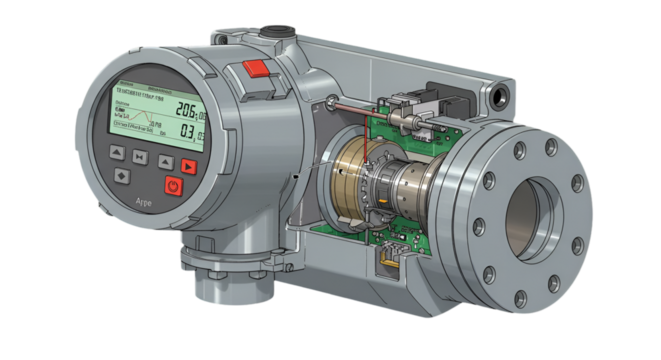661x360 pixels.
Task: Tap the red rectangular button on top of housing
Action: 257,70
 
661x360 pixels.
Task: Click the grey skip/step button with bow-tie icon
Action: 140,156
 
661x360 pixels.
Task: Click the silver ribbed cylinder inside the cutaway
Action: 409,191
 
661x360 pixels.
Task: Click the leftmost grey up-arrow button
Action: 116,153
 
